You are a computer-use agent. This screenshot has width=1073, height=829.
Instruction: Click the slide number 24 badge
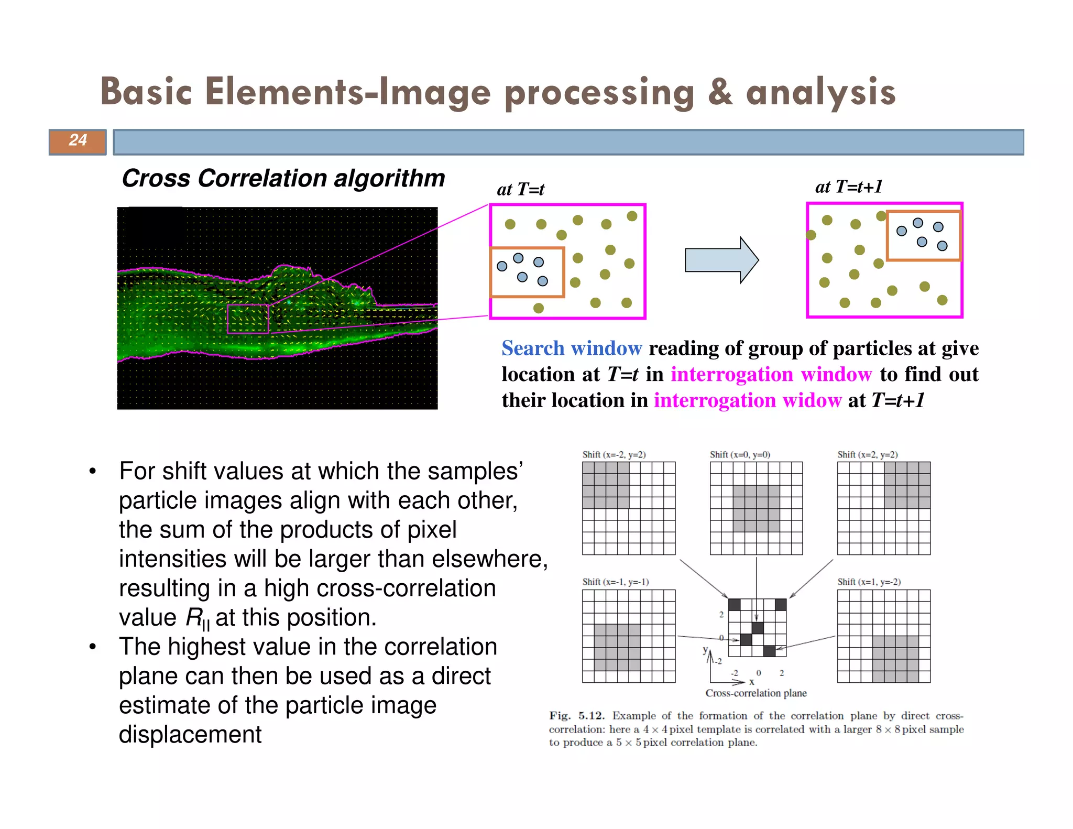(78, 141)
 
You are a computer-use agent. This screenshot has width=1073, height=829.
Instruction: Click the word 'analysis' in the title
(820, 93)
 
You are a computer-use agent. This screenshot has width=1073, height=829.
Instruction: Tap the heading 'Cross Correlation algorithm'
(283, 178)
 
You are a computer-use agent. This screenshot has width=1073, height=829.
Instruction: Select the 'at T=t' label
(520, 189)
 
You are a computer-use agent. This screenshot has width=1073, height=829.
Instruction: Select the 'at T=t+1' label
(848, 187)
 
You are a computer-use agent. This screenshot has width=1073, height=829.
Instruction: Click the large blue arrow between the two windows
(721, 260)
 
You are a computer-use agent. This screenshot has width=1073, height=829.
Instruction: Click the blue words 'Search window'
(571, 348)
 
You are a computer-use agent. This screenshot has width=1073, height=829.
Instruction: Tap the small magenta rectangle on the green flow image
(248, 319)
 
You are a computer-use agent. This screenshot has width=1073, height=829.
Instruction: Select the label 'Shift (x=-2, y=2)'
(614, 455)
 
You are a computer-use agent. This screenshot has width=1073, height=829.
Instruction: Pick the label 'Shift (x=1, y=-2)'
(869, 582)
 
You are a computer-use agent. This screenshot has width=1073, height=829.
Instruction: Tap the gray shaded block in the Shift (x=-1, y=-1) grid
(617, 647)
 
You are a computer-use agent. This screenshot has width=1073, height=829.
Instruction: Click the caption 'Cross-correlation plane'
(756, 693)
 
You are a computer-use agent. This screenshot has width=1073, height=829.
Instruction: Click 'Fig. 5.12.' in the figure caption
(576, 716)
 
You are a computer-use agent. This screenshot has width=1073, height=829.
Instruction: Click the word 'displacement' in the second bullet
(190, 735)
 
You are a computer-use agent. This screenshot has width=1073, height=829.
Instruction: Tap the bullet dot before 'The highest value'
(93, 647)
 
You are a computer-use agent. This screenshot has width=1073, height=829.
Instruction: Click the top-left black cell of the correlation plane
(734, 605)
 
